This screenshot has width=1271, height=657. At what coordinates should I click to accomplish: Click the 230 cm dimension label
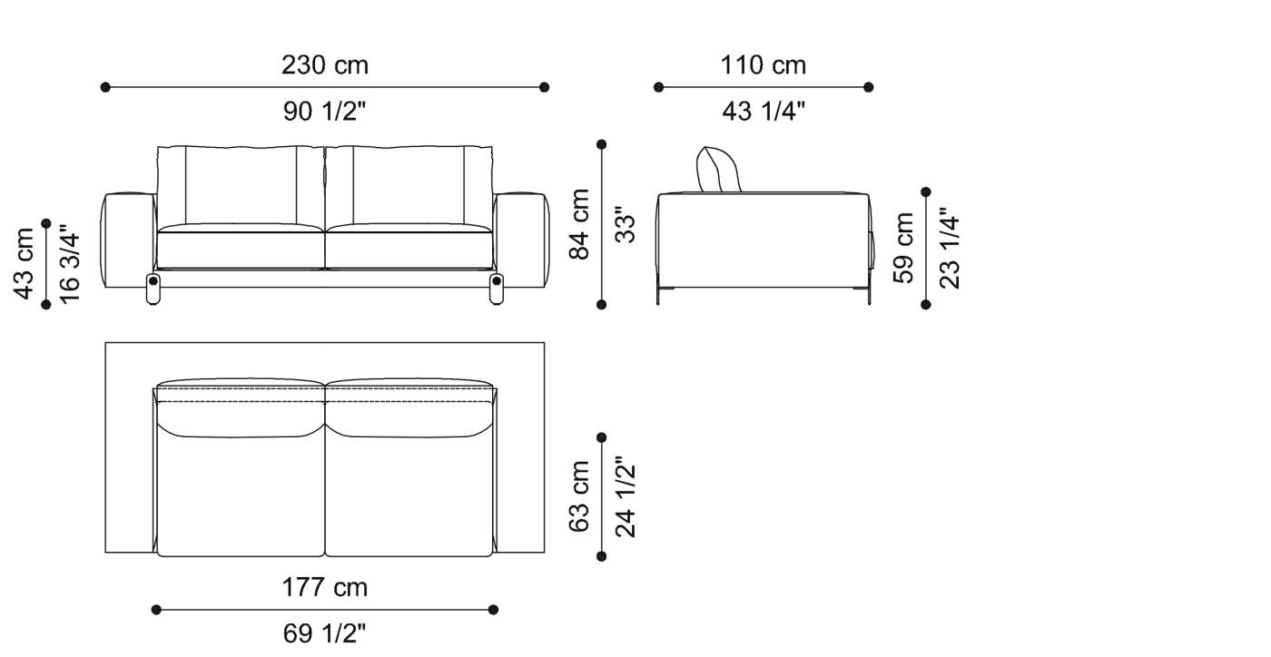(x=325, y=65)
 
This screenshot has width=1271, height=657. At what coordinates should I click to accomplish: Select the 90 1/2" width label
(x=325, y=112)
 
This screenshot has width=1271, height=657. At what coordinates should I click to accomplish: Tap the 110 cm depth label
(x=764, y=65)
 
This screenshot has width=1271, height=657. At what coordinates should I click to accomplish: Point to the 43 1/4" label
(x=764, y=112)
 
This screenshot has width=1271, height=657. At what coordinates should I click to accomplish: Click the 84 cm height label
(x=578, y=224)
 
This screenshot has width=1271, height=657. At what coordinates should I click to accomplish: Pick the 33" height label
(x=625, y=225)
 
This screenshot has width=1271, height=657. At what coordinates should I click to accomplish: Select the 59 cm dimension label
(x=904, y=247)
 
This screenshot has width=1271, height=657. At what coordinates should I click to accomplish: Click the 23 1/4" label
(x=950, y=247)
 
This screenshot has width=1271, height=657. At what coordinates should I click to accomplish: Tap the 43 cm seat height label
(x=25, y=263)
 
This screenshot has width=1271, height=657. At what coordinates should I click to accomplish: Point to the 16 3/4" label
(x=70, y=263)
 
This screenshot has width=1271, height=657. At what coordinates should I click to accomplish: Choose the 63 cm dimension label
(x=578, y=496)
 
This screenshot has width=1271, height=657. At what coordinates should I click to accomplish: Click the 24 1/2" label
(x=625, y=496)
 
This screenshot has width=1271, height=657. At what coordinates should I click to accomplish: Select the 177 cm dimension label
(x=325, y=587)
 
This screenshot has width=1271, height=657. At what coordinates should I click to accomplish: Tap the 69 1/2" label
(x=325, y=633)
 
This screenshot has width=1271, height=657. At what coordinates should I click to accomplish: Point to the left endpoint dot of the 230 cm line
(x=105, y=87)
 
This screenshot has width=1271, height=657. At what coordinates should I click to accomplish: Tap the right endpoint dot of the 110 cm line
(x=869, y=87)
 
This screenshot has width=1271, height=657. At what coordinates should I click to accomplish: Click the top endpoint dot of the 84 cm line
(x=601, y=144)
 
